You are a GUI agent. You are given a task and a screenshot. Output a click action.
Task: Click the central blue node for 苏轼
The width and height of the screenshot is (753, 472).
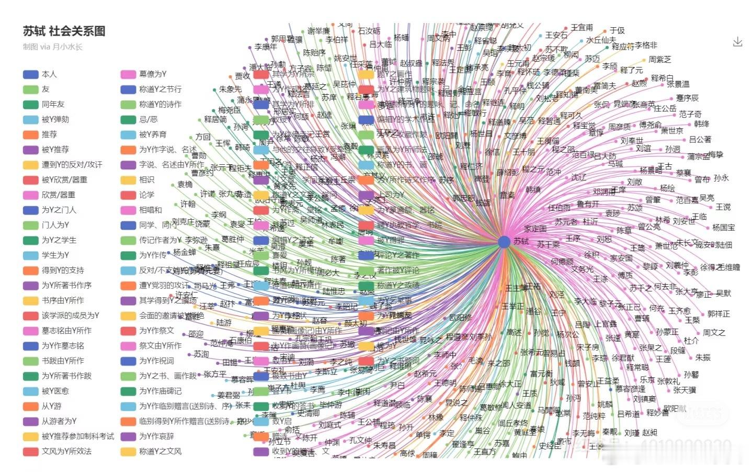504,241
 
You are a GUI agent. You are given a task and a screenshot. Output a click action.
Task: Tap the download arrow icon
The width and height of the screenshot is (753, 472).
737,42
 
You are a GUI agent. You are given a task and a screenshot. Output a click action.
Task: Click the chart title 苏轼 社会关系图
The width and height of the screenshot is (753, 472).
64,31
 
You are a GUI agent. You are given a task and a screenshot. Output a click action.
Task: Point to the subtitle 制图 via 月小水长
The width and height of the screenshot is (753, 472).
52,47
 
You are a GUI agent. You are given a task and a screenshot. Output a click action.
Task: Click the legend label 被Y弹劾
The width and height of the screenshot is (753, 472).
55,119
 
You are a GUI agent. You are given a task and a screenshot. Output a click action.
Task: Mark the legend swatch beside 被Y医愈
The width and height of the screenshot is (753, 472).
31,391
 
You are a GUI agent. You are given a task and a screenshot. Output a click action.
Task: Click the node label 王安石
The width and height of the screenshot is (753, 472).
556,35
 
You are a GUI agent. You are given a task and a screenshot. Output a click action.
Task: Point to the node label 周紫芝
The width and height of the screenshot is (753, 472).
659,60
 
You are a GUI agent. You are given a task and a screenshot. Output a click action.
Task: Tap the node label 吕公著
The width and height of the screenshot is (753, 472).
700,139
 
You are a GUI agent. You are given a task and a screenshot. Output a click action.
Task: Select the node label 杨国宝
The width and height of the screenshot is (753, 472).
723,228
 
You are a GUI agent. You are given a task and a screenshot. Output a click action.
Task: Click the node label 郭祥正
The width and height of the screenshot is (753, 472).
718,314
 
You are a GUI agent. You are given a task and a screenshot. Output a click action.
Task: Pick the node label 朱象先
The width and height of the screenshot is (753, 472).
230,89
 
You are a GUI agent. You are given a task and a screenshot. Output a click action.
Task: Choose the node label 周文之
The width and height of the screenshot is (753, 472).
714,332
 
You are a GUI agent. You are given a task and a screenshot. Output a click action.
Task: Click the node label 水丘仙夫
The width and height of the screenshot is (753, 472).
601,40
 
